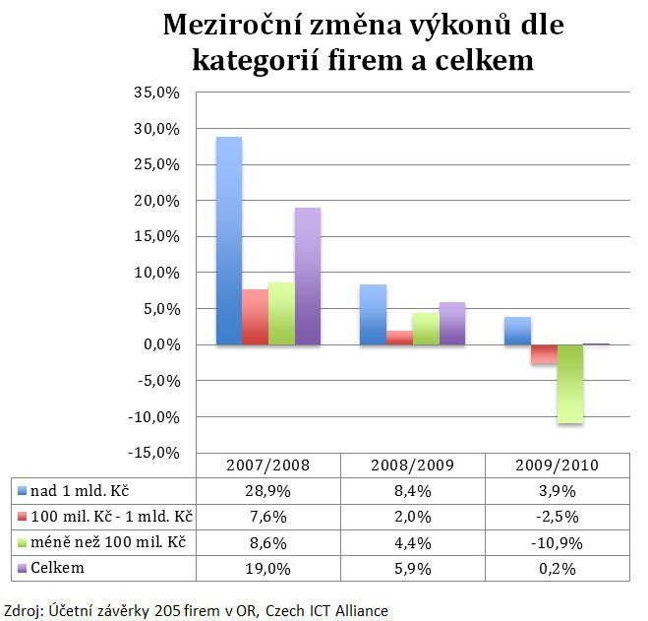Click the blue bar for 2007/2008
pos(228,241)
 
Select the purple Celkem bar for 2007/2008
pos(308,277)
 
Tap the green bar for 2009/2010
pos(569,384)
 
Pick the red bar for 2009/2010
pos(544,354)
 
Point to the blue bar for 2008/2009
pos(372,314)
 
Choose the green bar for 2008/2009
pos(425,329)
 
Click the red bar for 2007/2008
pos(255,317)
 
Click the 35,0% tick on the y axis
pos(159,93)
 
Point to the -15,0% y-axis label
pos(156,453)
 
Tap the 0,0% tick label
pos(163,344)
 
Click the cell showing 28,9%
pos(268,490)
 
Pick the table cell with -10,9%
pos(556,542)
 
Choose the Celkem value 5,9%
pos(411,568)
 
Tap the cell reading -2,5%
pos(556,516)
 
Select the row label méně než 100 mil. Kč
pos(109,542)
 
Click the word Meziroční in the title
pos(244,24)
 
